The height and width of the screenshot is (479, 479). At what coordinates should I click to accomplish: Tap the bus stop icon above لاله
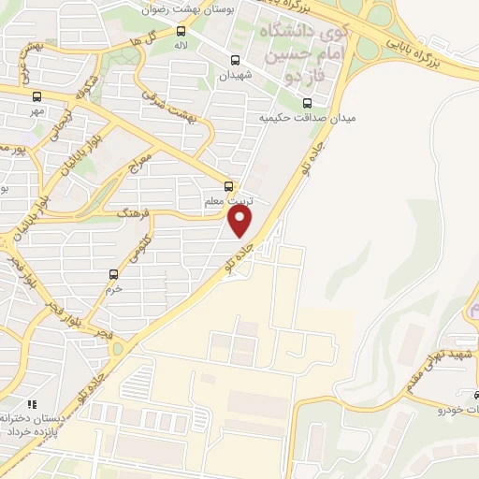[181, 31]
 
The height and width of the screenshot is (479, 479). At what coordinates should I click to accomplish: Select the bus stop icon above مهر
[36, 95]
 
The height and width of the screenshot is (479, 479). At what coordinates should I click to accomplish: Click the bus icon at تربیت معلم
[229, 185]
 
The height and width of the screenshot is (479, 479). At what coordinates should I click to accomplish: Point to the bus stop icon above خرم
[114, 274]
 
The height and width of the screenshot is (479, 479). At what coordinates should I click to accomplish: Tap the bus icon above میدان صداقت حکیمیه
[307, 103]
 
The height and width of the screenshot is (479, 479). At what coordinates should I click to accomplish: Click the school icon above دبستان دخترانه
[31, 404]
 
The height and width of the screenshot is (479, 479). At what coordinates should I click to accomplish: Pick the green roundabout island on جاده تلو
[117, 349]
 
